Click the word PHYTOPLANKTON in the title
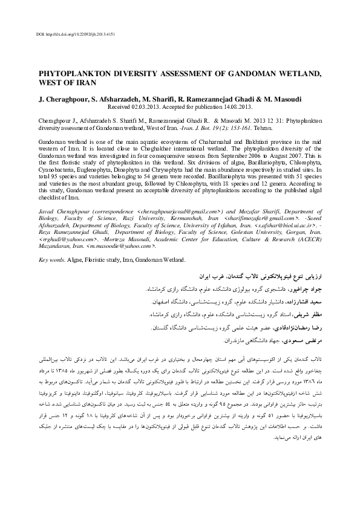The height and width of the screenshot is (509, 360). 75,72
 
